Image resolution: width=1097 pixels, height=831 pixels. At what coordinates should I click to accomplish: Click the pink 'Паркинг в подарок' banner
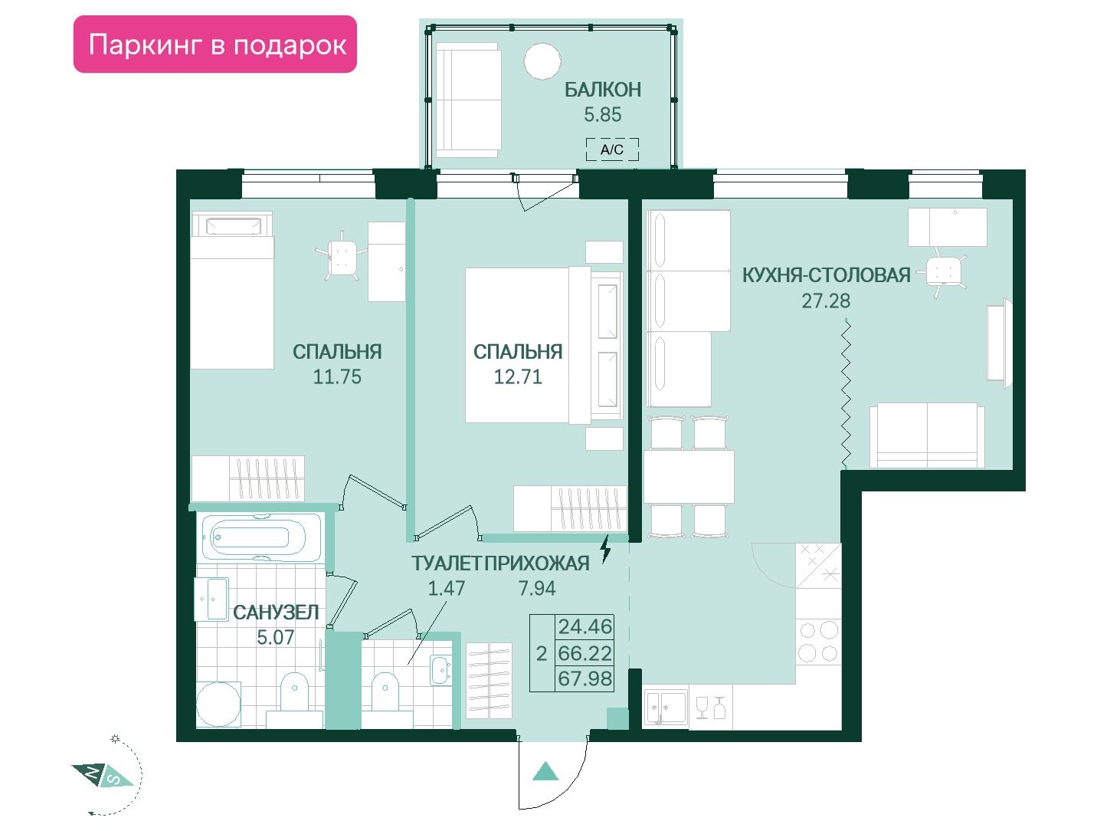pos(215,44)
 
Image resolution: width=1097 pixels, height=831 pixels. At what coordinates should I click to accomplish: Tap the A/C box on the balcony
pos(612,149)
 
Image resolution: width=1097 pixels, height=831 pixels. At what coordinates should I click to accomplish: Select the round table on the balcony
pos(542,61)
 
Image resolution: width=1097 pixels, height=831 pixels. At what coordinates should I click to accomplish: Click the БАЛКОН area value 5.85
pos(603,114)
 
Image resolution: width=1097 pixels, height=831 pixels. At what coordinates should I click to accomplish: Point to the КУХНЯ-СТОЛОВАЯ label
pos(826,275)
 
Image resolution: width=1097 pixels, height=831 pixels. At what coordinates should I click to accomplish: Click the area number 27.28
pos(826,301)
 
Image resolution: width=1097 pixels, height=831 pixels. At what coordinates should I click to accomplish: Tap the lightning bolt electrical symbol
pos(605,548)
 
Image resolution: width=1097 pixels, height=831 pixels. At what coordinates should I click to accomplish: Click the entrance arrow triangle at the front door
pos(545,770)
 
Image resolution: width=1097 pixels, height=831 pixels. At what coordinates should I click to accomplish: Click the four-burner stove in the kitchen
pos(818,641)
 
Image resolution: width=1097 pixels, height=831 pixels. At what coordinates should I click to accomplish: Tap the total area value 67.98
pos(585,678)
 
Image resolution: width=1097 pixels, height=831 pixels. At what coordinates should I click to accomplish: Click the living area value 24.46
pos(585,626)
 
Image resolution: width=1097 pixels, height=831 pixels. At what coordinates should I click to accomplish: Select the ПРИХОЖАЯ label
pos(537,563)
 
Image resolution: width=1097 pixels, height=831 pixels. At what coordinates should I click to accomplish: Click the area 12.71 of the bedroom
pos(518,377)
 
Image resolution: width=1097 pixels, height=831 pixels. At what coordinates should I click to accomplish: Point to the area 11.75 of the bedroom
pos(337,377)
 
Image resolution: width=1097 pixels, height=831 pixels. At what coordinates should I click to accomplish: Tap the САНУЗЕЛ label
pos(276,613)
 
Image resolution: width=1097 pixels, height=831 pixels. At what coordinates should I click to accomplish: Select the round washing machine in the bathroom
pos(218,705)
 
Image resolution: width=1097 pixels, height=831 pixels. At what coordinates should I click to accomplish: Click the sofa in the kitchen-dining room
pos(927,436)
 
